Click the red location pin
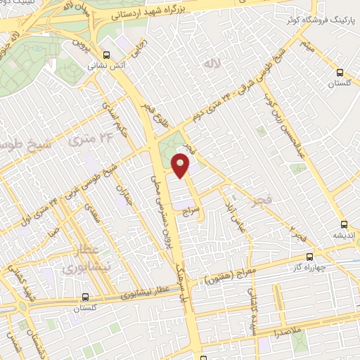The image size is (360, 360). [x=181, y=166]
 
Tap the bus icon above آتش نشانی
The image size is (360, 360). [x=106, y=55]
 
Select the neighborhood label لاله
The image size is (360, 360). [x=212, y=64]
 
